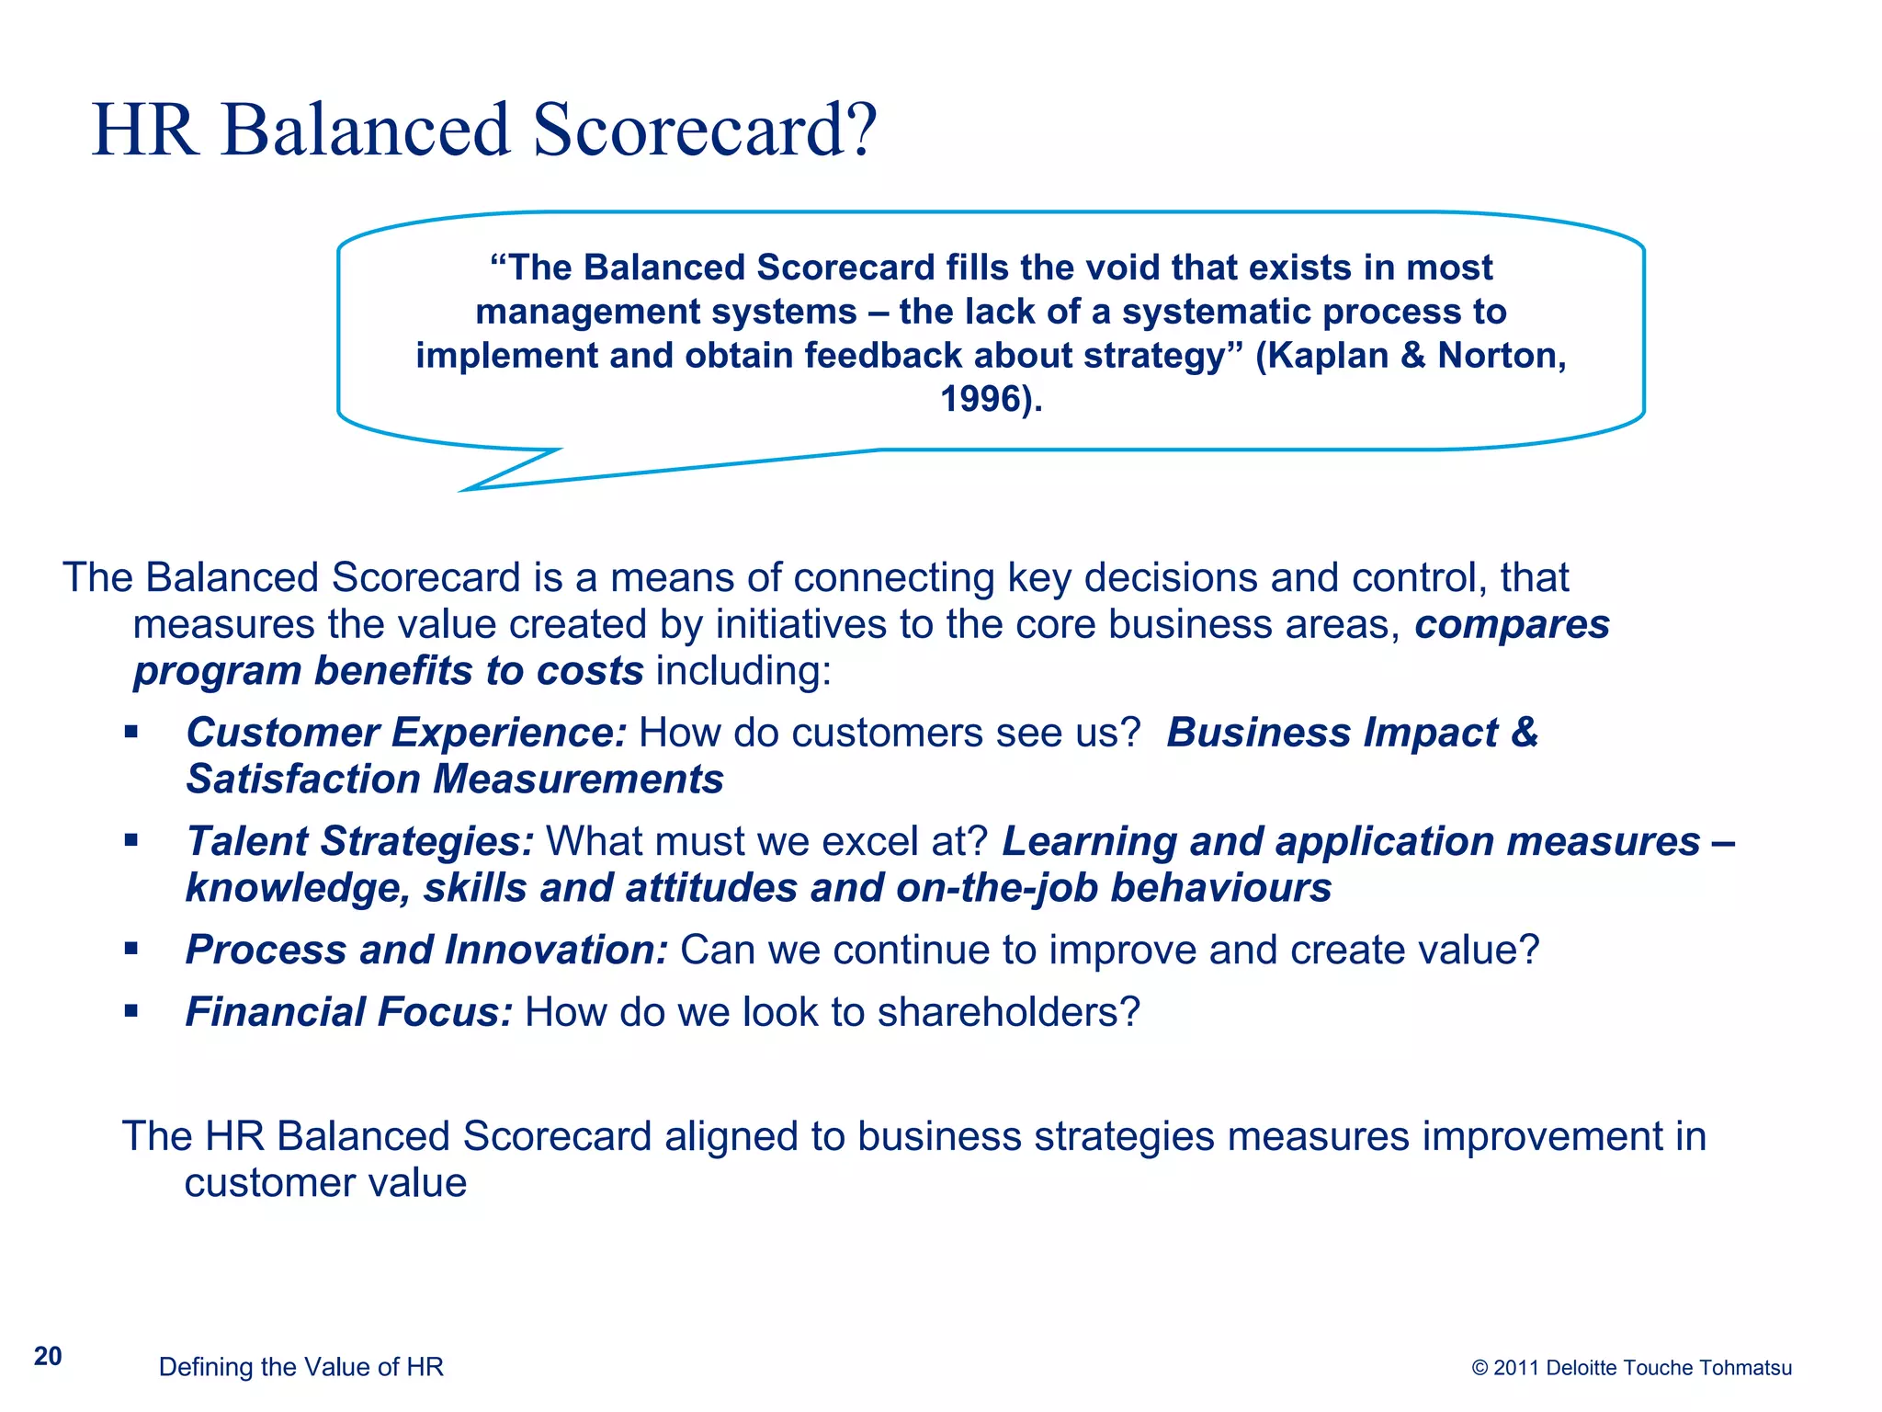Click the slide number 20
pos(48,1356)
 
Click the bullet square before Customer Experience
pos(131,733)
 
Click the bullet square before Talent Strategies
pos(131,840)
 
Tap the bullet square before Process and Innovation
pos(131,949)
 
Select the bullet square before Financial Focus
pos(131,1011)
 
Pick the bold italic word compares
pos(1512,625)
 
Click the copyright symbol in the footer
pos(1480,1368)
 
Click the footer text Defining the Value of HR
pos(300,1367)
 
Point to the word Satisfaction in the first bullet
pos(303,780)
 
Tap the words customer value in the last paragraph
pos(325,1183)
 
